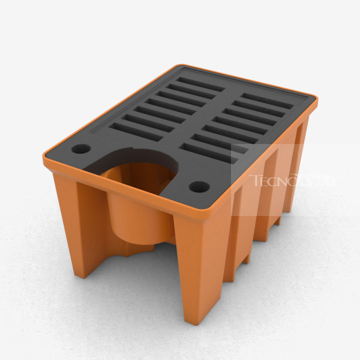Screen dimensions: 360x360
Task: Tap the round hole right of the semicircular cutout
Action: coord(199,187)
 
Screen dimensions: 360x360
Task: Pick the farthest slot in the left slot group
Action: coord(200,84)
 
